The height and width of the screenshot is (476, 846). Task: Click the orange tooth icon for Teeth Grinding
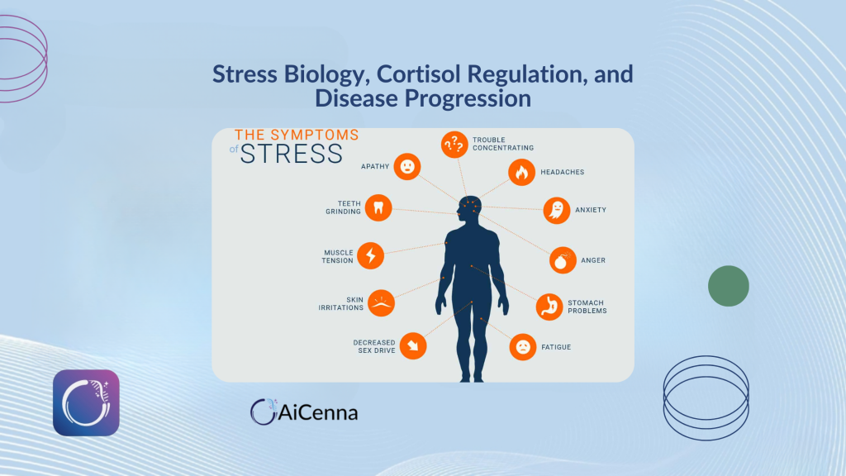378,207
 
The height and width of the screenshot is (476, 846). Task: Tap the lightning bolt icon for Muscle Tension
371,255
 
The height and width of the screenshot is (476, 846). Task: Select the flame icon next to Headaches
522,172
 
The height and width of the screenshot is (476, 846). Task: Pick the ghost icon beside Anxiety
557,210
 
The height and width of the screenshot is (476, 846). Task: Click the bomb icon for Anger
563,260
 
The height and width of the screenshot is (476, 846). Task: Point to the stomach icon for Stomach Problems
549,307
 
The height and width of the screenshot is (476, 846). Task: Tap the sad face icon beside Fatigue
523,346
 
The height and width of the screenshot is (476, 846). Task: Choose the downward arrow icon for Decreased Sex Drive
413,346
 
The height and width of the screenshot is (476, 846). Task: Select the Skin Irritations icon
382,302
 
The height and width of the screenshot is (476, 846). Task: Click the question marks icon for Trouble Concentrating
454,145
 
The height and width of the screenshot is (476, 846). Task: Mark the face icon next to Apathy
407,167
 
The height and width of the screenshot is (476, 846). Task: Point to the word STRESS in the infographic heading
292,154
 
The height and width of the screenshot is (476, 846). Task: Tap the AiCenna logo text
318,413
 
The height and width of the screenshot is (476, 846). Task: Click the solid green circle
729,286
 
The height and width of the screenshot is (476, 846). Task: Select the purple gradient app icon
86,402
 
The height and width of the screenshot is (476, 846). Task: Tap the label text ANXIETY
591,210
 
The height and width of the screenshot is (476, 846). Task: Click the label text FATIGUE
556,347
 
